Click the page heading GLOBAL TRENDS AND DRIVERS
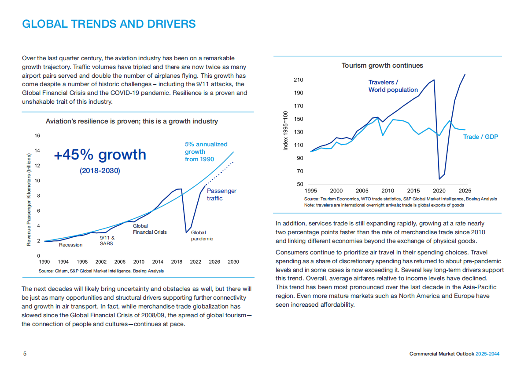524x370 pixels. pyautogui.click(x=109, y=23)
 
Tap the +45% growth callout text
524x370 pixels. pyautogui.click(x=100, y=155)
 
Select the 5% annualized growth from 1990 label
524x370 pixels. pyautogui.click(x=206, y=152)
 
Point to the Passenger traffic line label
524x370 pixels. pyautogui.click(x=221, y=194)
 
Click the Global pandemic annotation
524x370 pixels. pyautogui.click(x=202, y=236)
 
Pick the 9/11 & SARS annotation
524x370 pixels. pyautogui.click(x=107, y=240)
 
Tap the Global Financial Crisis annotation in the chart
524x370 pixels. pyautogui.click(x=150, y=229)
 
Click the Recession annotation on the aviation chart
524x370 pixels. pyautogui.click(x=70, y=245)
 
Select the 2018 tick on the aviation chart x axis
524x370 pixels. pyautogui.click(x=177, y=262)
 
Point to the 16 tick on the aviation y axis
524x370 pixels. pyautogui.click(x=37, y=136)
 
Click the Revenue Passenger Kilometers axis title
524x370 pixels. pyautogui.click(x=29, y=200)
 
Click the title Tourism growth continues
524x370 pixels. pyautogui.click(x=382, y=65)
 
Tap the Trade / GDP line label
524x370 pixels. pyautogui.click(x=480, y=137)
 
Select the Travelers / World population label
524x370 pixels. pyautogui.click(x=393, y=86)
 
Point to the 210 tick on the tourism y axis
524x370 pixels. pyautogui.click(x=298, y=80)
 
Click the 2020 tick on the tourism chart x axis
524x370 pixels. pyautogui.click(x=439, y=191)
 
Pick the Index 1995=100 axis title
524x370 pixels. pyautogui.click(x=285, y=131)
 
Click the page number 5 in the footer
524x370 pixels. pyautogui.click(x=25, y=354)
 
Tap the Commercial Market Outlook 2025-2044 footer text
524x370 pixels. pyautogui.click(x=454, y=354)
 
